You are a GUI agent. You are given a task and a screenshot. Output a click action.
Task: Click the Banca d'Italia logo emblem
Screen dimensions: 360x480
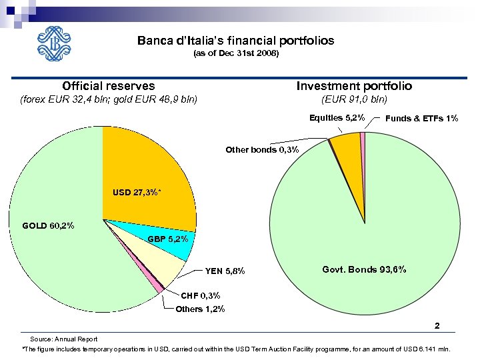pyautogui.click(x=57, y=44)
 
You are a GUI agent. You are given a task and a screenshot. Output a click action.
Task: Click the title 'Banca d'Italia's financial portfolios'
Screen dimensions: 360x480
pyautogui.click(x=235, y=41)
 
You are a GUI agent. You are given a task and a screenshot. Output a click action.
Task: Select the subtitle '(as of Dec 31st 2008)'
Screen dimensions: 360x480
pyautogui.click(x=235, y=53)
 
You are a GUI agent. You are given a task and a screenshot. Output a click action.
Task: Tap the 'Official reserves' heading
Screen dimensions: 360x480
pyautogui.click(x=109, y=85)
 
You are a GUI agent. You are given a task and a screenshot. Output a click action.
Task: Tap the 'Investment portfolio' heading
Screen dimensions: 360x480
pyautogui.click(x=354, y=85)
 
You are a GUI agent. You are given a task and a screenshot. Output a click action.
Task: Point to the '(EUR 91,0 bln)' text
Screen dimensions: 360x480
pyautogui.click(x=354, y=100)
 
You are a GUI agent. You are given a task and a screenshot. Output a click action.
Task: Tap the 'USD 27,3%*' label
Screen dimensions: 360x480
pyautogui.click(x=137, y=192)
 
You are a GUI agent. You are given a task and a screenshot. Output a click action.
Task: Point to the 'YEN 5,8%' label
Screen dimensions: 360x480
pyautogui.click(x=225, y=271)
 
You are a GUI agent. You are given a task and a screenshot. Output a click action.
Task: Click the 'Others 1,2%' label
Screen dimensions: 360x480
pyautogui.click(x=200, y=309)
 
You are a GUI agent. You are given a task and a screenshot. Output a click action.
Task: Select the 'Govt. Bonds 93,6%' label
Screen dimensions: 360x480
pyautogui.click(x=364, y=269)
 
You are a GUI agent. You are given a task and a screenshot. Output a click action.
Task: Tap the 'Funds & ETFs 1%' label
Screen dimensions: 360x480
pyautogui.click(x=421, y=118)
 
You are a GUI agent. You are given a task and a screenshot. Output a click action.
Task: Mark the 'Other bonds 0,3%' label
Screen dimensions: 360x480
pyautogui.click(x=262, y=149)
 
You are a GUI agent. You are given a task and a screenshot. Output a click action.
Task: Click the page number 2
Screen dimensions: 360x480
pyautogui.click(x=437, y=326)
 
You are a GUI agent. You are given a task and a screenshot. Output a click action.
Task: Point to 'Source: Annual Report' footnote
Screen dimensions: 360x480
pyautogui.click(x=69, y=339)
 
